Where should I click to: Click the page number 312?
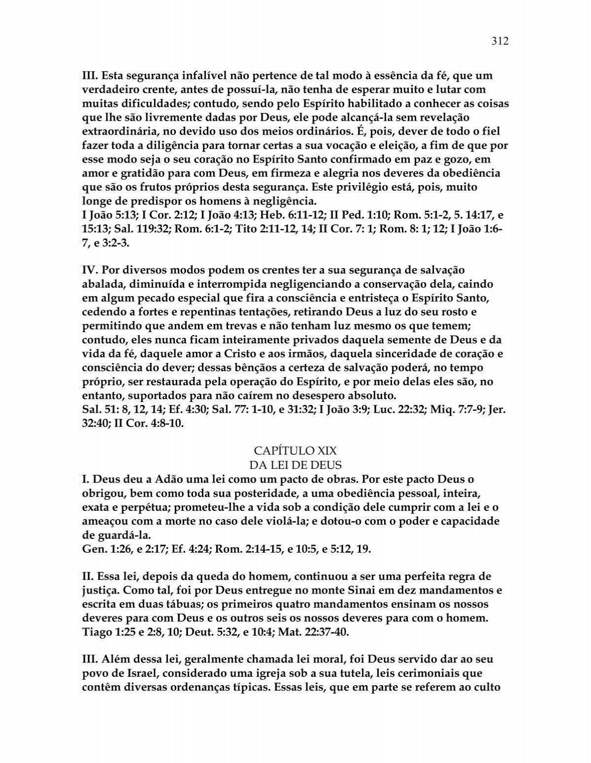coord(499,41)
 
